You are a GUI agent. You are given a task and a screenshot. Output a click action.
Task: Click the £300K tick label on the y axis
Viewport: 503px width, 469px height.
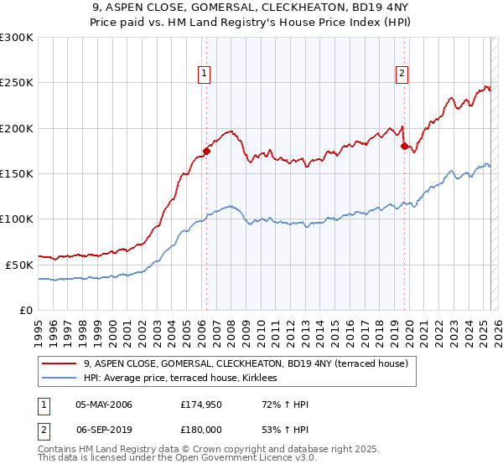(x=17, y=38)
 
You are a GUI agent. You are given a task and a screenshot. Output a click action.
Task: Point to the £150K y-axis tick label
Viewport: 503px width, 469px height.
(x=17, y=173)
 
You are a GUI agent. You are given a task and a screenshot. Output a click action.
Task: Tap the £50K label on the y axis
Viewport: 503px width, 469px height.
(x=19, y=265)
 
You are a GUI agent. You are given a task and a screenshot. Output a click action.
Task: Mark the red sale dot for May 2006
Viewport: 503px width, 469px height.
(x=206, y=152)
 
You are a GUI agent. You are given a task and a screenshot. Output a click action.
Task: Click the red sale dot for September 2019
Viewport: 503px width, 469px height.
(x=404, y=147)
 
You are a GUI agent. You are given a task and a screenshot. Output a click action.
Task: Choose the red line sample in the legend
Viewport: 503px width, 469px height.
(x=59, y=363)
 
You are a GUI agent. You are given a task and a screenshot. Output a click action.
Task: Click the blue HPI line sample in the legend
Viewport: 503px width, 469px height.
(x=59, y=379)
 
